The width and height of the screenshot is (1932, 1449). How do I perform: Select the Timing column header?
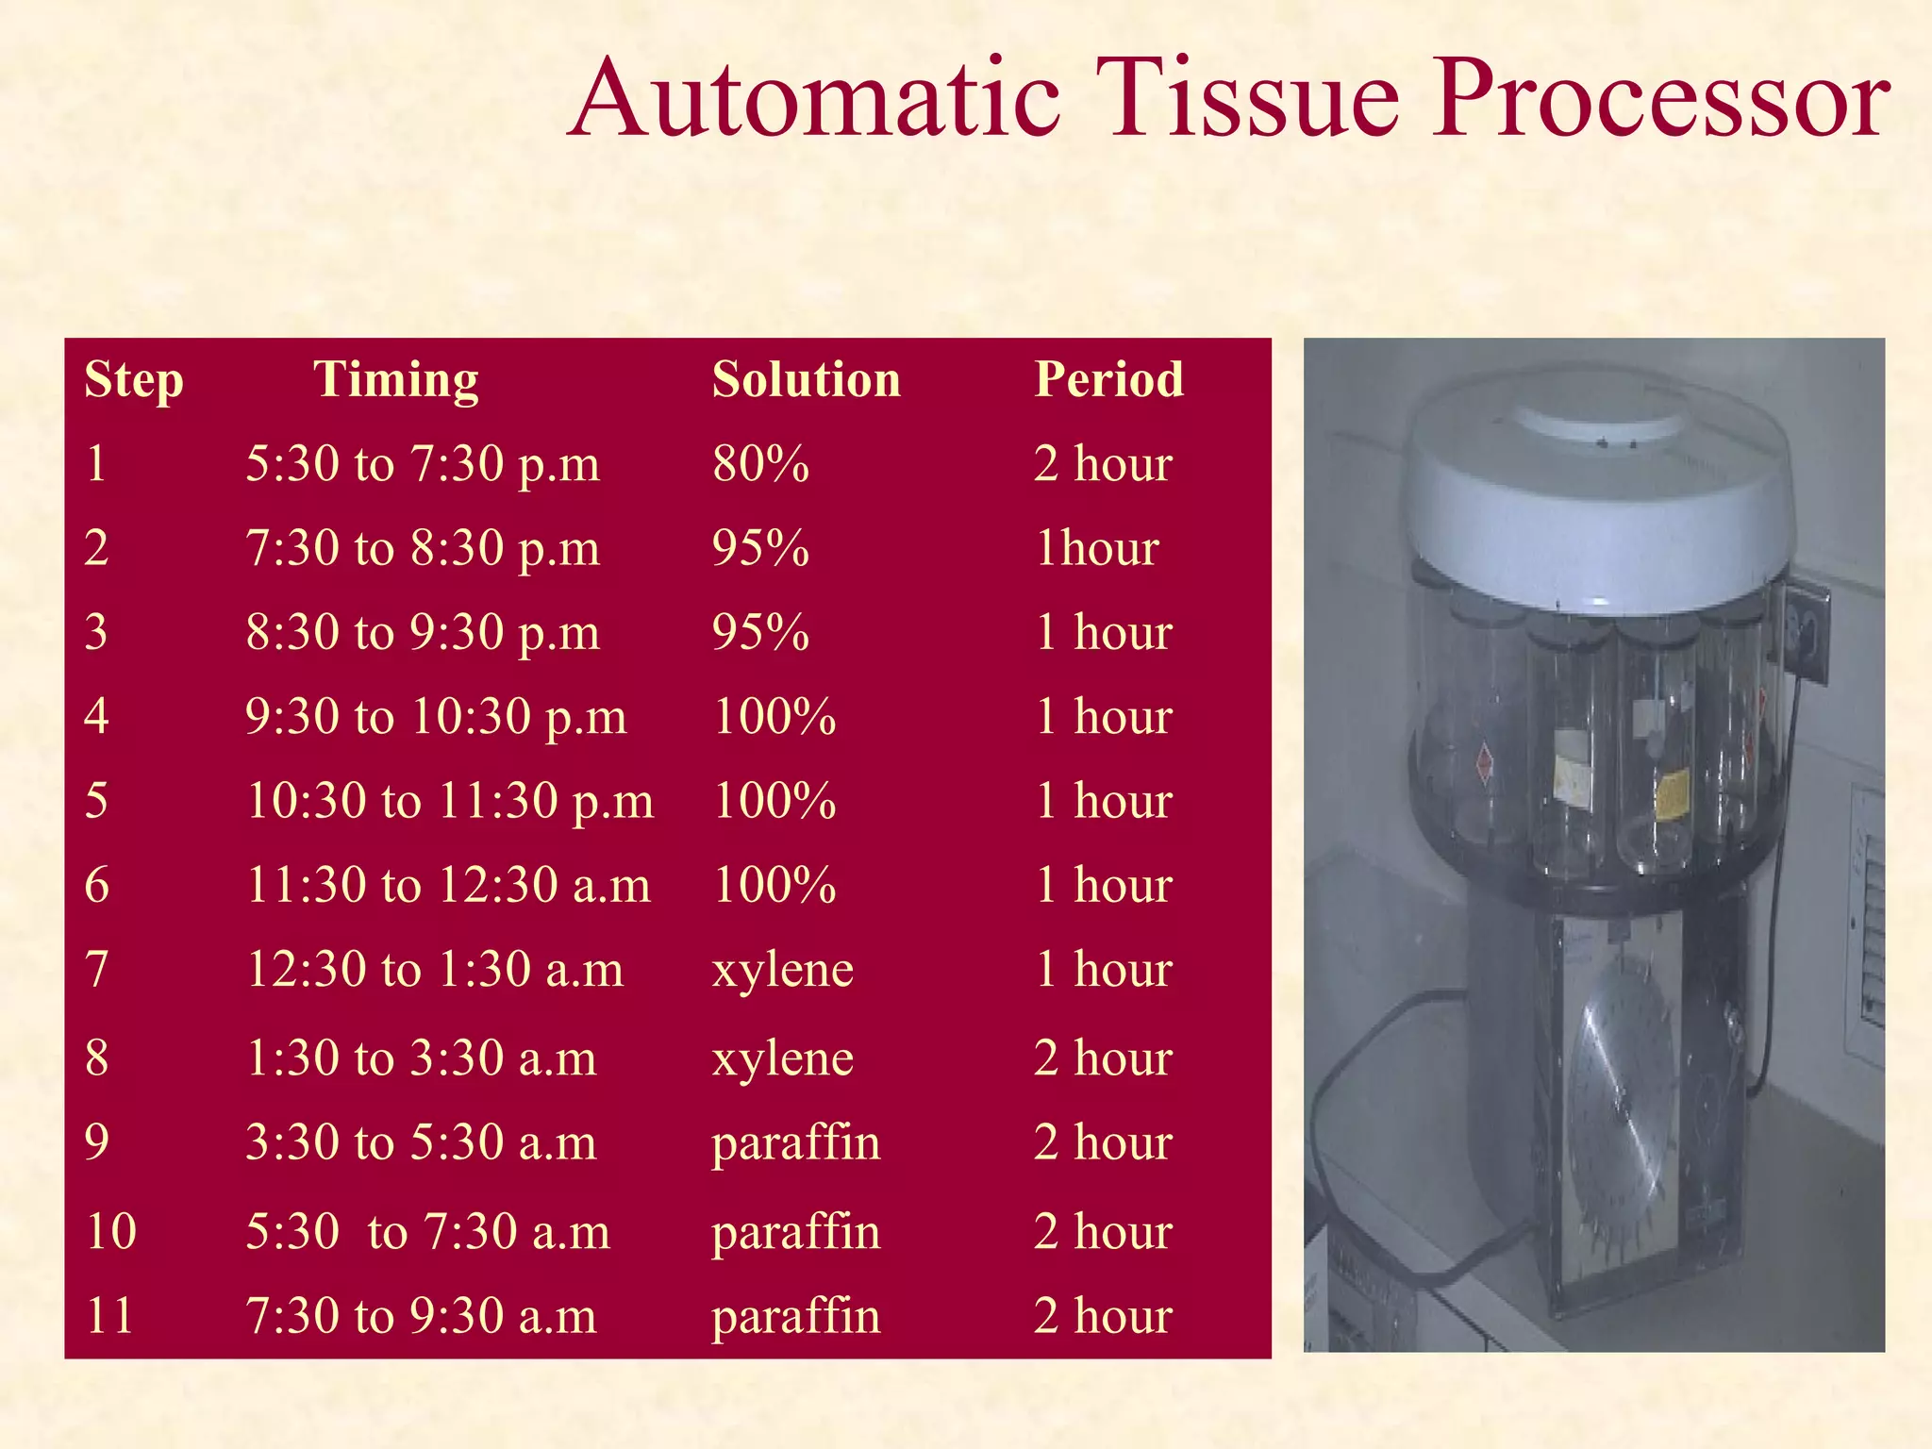click(395, 380)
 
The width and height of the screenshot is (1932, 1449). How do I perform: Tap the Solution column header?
click(806, 380)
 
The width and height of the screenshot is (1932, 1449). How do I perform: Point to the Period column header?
click(1108, 380)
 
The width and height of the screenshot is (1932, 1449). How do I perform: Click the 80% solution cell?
click(760, 464)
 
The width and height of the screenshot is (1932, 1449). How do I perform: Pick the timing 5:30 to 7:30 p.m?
click(422, 464)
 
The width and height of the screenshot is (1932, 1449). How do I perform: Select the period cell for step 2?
click(1097, 548)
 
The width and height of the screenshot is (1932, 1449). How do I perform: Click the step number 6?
click(96, 886)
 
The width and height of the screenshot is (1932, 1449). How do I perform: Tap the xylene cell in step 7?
click(782, 970)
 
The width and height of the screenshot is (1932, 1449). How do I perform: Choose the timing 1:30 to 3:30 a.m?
click(421, 1058)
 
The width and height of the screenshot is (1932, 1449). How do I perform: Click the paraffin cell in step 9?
click(795, 1142)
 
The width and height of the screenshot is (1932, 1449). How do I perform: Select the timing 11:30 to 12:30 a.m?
click(448, 886)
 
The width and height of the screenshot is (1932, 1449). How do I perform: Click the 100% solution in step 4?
click(774, 717)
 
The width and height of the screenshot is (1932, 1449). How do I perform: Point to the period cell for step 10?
click(1102, 1232)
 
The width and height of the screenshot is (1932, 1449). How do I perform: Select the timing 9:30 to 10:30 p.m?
click(435, 717)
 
